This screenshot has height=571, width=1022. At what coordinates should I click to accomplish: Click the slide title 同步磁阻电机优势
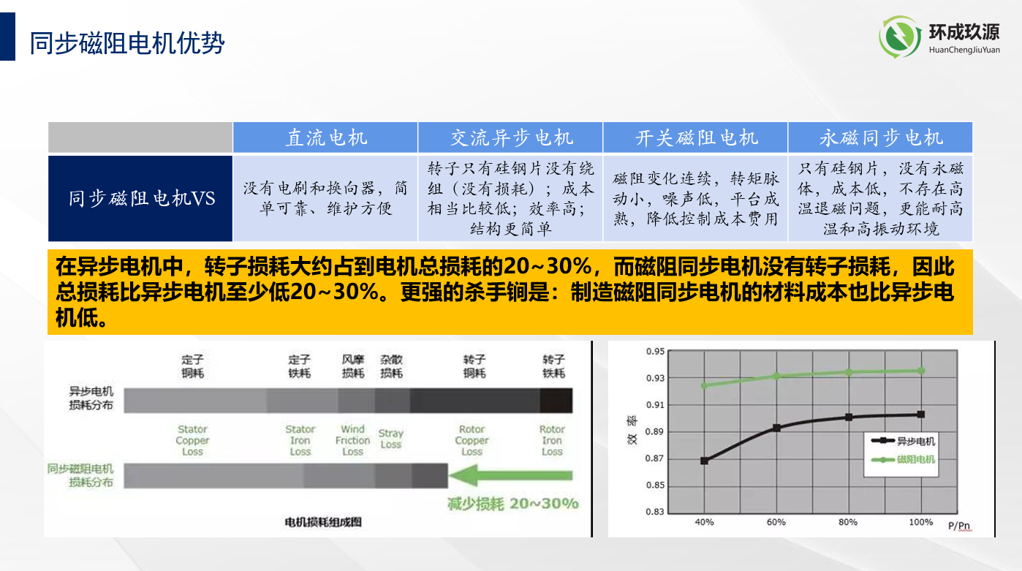click(126, 43)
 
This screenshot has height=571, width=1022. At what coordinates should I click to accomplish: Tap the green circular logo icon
click(900, 38)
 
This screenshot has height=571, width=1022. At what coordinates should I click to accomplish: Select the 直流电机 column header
click(325, 137)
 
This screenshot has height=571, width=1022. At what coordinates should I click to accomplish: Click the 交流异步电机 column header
click(510, 137)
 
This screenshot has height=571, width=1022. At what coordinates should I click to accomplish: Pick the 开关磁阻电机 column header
click(695, 137)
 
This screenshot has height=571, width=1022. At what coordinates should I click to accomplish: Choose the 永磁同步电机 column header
click(880, 137)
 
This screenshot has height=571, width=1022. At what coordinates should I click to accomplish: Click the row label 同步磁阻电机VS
click(141, 198)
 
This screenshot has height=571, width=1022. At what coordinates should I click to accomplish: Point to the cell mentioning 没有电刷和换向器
click(325, 198)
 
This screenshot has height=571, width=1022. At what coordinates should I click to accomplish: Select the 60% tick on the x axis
click(776, 522)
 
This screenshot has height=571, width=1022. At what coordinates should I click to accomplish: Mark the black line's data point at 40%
click(704, 461)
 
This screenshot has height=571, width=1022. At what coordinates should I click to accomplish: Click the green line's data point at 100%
click(921, 371)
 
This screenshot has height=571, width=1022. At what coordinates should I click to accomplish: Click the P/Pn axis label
click(959, 525)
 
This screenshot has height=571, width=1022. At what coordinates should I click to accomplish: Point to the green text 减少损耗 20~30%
click(512, 504)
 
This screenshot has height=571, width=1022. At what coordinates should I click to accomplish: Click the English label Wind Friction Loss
click(352, 440)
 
